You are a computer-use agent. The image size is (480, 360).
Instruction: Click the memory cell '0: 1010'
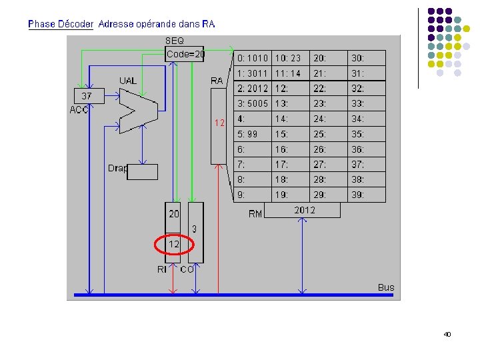click(x=252, y=58)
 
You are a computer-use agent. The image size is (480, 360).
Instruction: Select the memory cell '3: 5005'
click(x=252, y=104)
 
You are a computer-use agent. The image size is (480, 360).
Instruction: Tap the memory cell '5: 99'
click(x=252, y=135)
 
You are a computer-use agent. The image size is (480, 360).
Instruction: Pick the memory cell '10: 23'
click(x=290, y=58)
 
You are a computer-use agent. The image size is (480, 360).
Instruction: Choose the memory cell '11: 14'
click(x=290, y=73)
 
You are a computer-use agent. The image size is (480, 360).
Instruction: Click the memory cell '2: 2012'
click(x=252, y=89)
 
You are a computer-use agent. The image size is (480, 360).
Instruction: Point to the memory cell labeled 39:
click(x=366, y=195)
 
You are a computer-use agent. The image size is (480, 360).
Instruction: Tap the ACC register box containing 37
click(x=87, y=96)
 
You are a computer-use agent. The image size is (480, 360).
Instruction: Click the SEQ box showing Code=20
click(x=185, y=54)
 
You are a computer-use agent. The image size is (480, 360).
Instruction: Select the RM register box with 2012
click(x=304, y=211)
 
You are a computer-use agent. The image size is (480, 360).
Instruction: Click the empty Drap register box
click(x=143, y=172)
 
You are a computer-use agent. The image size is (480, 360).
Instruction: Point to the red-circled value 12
click(x=173, y=245)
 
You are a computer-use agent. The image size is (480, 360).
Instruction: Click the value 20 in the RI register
click(x=174, y=214)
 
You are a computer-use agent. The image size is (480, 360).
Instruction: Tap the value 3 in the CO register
click(x=195, y=229)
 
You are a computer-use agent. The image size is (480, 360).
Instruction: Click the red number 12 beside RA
click(x=220, y=123)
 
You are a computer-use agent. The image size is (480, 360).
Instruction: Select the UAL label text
click(x=127, y=81)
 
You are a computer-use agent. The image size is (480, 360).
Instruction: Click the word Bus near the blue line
click(x=386, y=287)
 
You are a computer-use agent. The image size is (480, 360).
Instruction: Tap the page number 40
click(x=447, y=334)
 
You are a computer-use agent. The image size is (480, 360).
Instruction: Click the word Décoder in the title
click(x=75, y=24)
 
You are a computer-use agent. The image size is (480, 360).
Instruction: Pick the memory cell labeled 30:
click(x=366, y=58)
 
